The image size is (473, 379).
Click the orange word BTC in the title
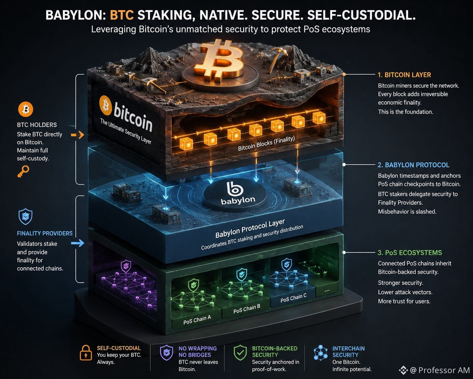(121, 15)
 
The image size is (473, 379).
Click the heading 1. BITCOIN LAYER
(404, 75)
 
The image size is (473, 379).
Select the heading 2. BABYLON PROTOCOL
(413, 165)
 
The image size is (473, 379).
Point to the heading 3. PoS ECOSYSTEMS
(410, 252)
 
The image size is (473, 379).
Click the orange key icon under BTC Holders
(23, 171)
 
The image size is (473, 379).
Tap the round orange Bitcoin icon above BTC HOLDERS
(26, 109)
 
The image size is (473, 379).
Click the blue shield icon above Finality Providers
(26, 216)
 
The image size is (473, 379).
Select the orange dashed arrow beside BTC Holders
(77, 135)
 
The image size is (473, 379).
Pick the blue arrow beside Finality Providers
(78, 243)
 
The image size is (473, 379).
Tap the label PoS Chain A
(197, 320)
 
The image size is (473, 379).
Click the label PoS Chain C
(294, 298)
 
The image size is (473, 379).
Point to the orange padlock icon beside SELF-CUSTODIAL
(86, 353)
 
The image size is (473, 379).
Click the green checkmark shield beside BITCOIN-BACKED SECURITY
(240, 353)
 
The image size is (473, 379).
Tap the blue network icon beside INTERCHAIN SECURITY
(321, 353)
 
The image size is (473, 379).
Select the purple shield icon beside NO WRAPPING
(166, 353)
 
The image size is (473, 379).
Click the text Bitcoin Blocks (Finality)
(267, 143)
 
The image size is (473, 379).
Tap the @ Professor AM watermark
(434, 370)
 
